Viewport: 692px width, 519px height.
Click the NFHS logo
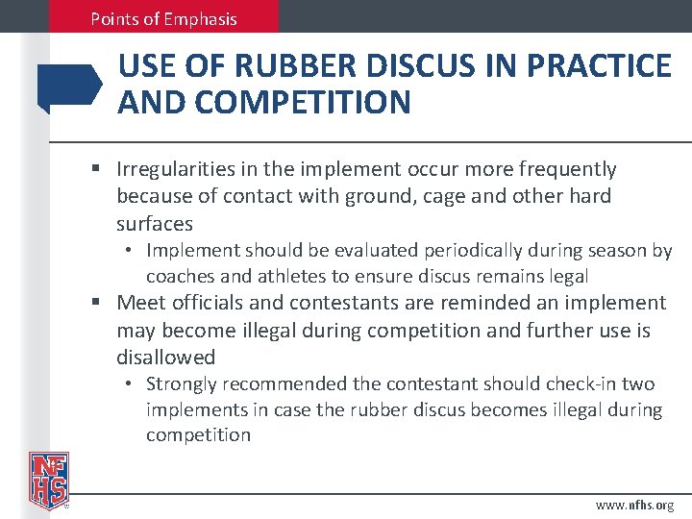[48, 479]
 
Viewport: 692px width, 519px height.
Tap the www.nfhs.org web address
[634, 505]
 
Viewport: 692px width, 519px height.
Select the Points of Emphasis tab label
[163, 18]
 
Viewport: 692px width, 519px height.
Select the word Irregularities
[173, 169]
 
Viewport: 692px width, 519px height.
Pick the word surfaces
[155, 223]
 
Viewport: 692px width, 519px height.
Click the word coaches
[180, 276]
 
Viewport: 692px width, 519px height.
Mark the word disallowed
[165, 357]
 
